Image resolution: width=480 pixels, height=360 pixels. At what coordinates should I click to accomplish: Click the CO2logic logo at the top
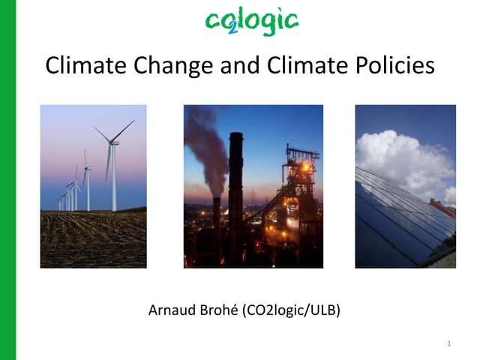click(x=251, y=22)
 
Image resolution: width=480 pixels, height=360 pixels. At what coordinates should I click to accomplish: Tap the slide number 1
click(x=448, y=344)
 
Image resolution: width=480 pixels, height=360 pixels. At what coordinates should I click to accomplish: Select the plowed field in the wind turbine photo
click(x=93, y=240)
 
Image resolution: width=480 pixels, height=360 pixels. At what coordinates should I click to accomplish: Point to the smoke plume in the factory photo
click(x=204, y=142)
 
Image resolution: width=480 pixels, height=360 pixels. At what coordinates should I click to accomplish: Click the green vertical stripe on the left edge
click(x=8, y=180)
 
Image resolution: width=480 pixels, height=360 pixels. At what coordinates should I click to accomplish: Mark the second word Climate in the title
click(x=316, y=66)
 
